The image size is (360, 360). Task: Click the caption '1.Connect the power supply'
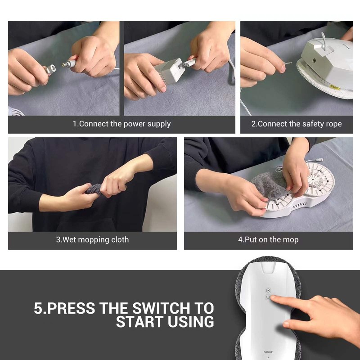pos(121,124)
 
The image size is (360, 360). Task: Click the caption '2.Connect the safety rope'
pos(296,124)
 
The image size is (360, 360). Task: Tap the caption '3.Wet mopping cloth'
pos(92,240)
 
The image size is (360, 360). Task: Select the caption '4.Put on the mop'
pos(268,240)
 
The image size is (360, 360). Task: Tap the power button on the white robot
pos(268,297)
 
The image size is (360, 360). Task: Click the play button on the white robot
pos(268,291)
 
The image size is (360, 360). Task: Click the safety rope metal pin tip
pos(285,64)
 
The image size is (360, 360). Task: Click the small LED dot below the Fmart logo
pos(269,358)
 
